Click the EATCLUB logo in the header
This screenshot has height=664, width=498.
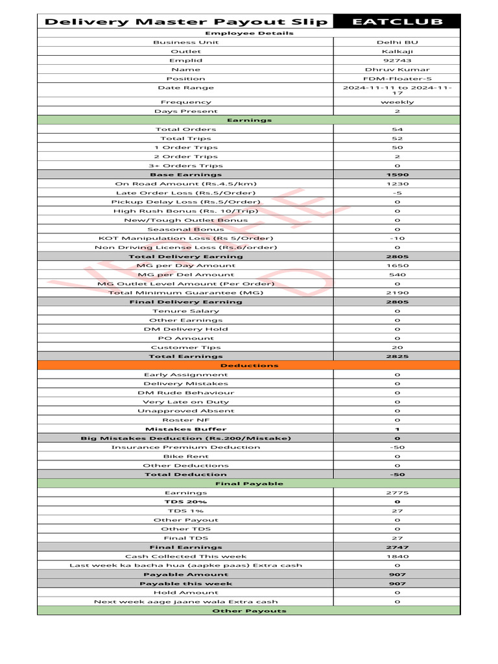tap(397, 22)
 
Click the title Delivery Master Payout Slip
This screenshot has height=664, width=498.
tap(185, 22)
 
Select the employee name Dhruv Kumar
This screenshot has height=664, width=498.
tap(397, 69)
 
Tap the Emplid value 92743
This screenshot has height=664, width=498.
tap(397, 60)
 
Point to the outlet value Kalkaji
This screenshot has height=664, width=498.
tap(397, 51)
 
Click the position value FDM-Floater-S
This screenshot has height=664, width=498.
tap(397, 78)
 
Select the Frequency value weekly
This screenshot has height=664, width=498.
tap(397, 102)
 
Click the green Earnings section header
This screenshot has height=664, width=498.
tap(249, 120)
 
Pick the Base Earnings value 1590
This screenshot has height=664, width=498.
tap(397, 174)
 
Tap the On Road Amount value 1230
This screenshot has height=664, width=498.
tap(397, 184)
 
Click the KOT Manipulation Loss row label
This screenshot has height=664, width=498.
tap(185, 238)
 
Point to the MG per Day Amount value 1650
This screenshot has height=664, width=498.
tap(397, 265)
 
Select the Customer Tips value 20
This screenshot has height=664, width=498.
tap(397, 347)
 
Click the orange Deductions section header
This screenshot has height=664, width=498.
tap(249, 365)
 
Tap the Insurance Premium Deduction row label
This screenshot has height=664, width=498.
tap(185, 447)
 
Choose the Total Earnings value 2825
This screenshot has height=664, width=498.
tap(397, 356)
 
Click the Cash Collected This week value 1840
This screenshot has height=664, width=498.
tap(397, 556)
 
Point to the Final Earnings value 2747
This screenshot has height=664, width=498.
tap(397, 547)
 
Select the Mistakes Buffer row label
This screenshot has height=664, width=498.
tap(185, 429)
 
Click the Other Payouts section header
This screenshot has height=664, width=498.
tap(249, 610)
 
